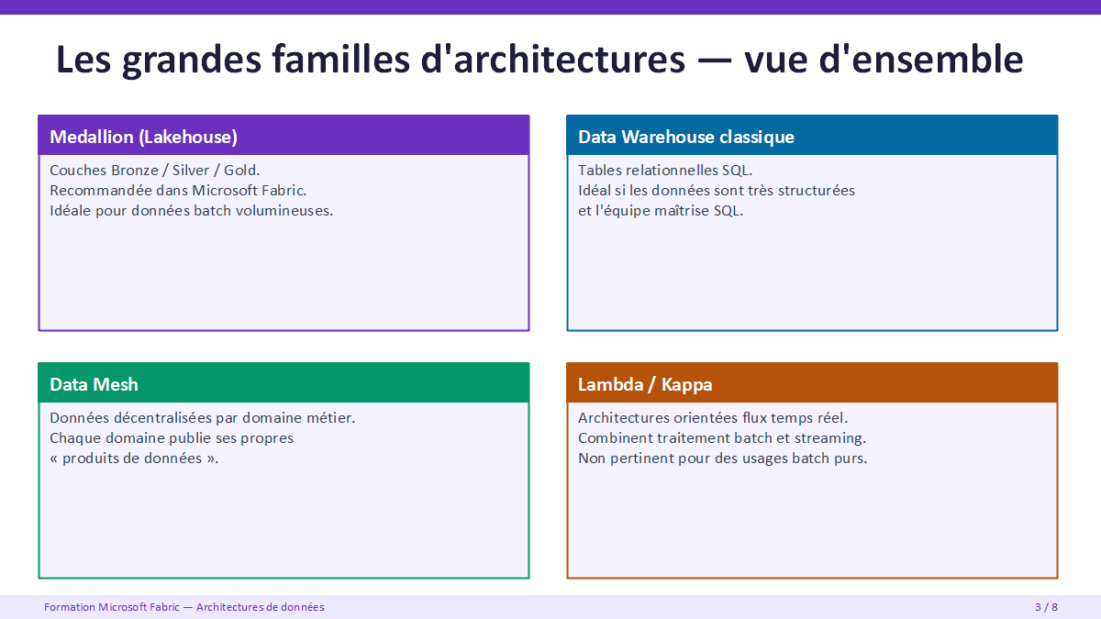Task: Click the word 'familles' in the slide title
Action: pyautogui.click(x=341, y=59)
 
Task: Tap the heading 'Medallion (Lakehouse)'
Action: pyautogui.click(x=143, y=137)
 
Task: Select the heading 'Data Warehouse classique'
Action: pyautogui.click(x=685, y=137)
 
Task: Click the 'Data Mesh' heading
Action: pyautogui.click(x=94, y=384)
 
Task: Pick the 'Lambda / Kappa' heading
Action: pyautogui.click(x=645, y=384)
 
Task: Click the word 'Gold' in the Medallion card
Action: pyautogui.click(x=239, y=170)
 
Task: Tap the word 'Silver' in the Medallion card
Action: pyautogui.click(x=191, y=170)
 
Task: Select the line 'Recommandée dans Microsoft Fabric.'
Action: pyautogui.click(x=178, y=190)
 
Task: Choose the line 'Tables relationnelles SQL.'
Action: pyautogui.click(x=665, y=170)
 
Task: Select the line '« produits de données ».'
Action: pyautogui.click(x=134, y=459)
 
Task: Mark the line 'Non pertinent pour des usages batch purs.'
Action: pyautogui.click(x=723, y=459)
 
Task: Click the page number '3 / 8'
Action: pyautogui.click(x=1046, y=607)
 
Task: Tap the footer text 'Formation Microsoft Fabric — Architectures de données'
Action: pyautogui.click(x=184, y=607)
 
